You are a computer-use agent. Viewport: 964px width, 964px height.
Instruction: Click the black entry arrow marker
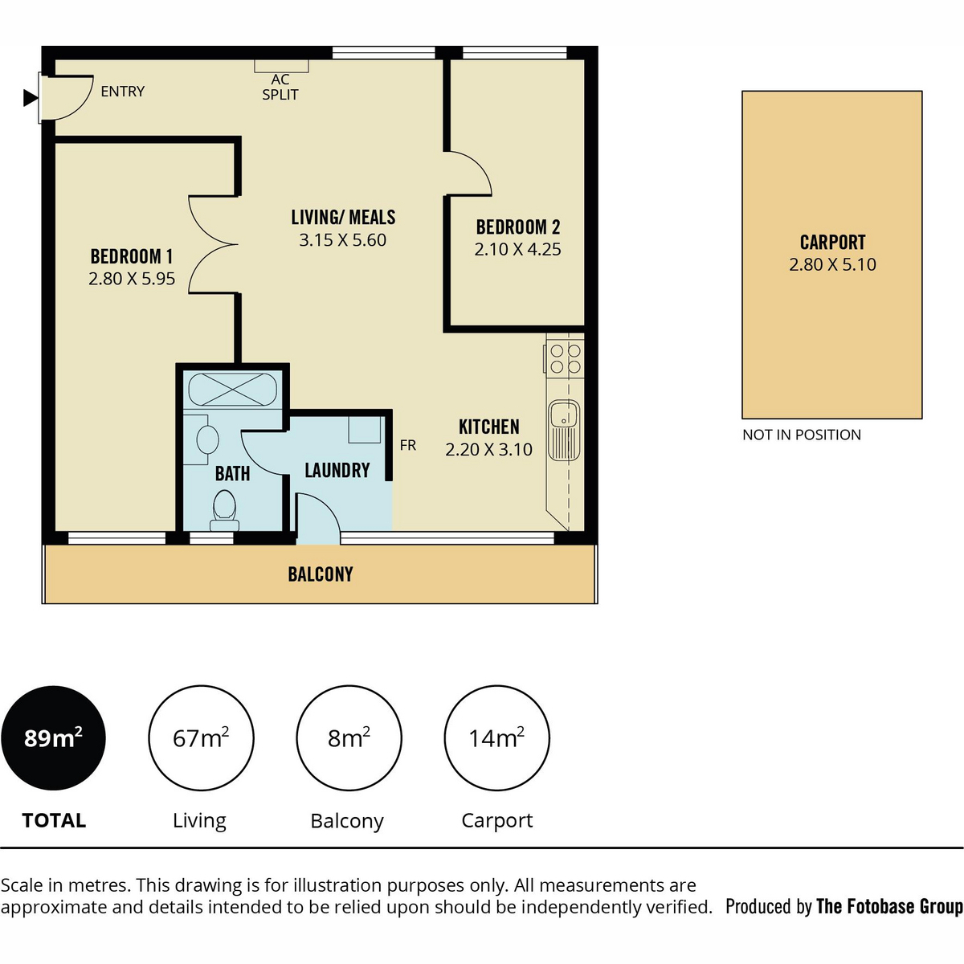tap(31, 97)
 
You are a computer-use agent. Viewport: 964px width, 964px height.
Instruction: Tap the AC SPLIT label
tap(280, 87)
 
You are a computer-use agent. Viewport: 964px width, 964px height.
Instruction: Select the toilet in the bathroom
tap(225, 509)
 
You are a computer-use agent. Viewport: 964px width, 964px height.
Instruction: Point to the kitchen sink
tap(564, 430)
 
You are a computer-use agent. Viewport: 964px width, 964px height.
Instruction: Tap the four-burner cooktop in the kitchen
tap(565, 358)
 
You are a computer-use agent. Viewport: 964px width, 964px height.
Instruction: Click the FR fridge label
tap(408, 445)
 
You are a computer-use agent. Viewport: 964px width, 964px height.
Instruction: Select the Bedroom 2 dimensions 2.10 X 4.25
tap(518, 249)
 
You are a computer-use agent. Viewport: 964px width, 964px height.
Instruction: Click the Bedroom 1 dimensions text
tap(132, 279)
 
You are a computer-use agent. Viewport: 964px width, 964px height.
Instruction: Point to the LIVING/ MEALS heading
tap(343, 218)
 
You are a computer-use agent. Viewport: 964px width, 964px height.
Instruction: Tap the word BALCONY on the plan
tap(321, 574)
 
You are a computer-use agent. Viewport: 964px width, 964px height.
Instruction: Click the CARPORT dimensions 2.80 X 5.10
tap(832, 264)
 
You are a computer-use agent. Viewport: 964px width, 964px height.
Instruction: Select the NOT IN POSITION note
tap(802, 435)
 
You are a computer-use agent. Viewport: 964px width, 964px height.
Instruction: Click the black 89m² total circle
tap(53, 738)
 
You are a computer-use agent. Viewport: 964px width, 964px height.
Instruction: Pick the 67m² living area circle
tap(201, 738)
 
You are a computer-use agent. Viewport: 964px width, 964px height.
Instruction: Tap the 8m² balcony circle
tap(349, 738)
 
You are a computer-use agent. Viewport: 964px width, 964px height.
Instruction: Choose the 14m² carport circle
tap(496, 738)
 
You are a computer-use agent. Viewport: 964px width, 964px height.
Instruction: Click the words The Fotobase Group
tap(889, 907)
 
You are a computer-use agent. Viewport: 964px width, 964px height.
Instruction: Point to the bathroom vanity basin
tap(207, 440)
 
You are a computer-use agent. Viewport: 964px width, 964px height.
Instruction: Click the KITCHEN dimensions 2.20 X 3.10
tap(488, 450)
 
